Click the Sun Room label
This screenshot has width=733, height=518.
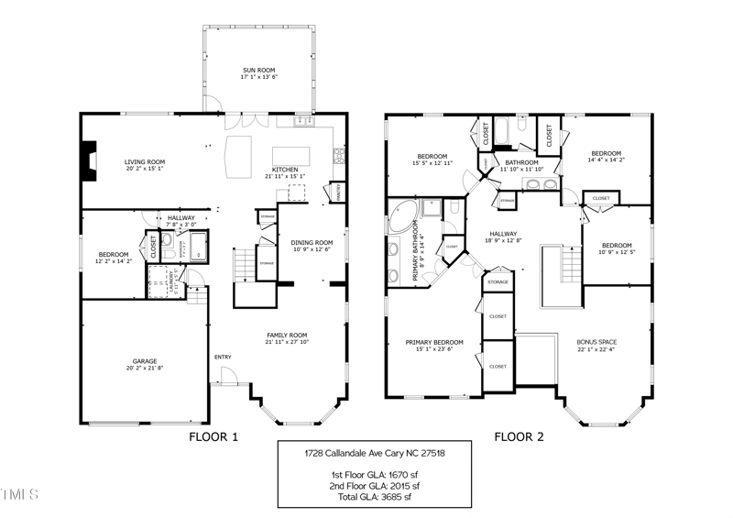259,70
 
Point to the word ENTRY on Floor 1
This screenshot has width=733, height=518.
223,357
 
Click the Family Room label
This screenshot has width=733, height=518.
287,336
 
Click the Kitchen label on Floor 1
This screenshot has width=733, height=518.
285,170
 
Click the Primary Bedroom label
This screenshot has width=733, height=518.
434,342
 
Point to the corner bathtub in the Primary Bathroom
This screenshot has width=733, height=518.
401,216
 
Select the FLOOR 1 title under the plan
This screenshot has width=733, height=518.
213,437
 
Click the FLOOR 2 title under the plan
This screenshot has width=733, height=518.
520,437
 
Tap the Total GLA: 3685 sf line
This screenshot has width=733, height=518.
376,496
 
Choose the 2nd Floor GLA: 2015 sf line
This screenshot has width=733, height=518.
376,485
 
